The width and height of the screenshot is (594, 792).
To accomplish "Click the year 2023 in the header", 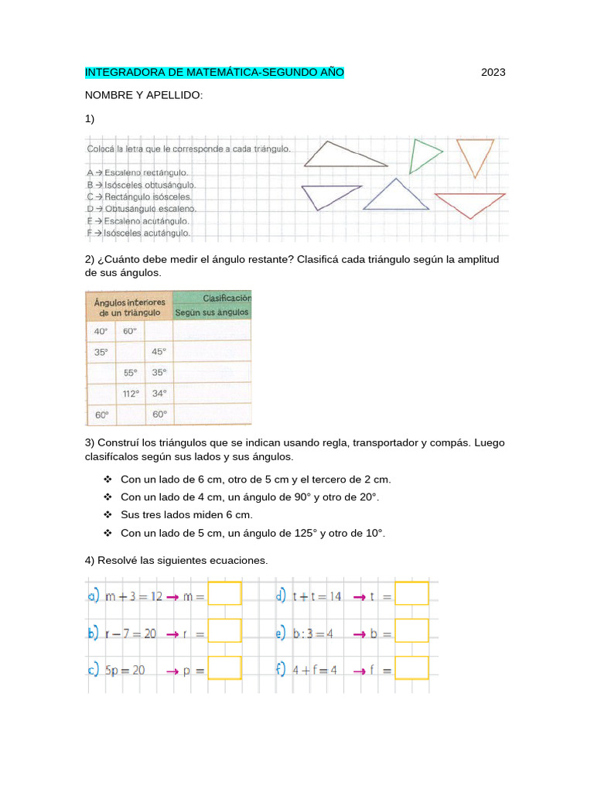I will tap(493, 73).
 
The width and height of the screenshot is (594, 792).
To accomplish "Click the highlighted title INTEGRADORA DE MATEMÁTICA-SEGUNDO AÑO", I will tap(214, 73).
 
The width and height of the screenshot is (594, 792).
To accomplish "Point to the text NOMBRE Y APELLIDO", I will tap(143, 95).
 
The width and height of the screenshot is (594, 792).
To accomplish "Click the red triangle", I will tap(469, 203).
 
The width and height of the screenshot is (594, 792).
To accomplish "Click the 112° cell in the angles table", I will tap(131, 394).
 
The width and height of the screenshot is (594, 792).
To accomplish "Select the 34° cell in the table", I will tap(159, 394).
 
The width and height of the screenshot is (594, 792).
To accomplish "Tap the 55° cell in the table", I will tap(131, 372).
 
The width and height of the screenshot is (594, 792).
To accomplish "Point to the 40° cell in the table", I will tap(101, 331).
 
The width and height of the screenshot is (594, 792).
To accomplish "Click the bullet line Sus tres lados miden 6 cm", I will tap(186, 514).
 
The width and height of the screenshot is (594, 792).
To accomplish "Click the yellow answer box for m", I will tap(225, 594).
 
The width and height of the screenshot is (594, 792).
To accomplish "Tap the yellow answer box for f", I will tap(411, 668).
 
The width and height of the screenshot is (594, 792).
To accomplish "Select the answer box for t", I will tap(411, 594).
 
